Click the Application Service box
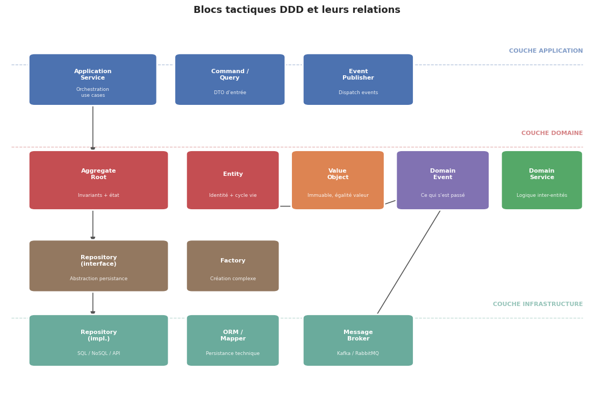point(92,80)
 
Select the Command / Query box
point(230,80)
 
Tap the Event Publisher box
point(358,80)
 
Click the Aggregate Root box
point(98,180)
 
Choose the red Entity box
point(233,180)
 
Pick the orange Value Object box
point(338,180)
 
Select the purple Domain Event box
point(442,180)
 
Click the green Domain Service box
point(541,180)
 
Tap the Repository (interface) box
point(98,266)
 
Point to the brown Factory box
point(233,266)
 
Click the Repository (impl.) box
point(98,340)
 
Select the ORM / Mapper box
point(233,340)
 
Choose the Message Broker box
point(358,340)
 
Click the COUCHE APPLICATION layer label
point(546,51)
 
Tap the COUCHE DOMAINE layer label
point(552,133)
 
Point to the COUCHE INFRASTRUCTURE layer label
point(538,304)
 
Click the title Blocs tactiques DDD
point(297,10)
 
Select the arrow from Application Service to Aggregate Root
point(92,127)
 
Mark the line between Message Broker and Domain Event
point(409,262)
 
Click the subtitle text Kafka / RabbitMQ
point(358,353)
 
